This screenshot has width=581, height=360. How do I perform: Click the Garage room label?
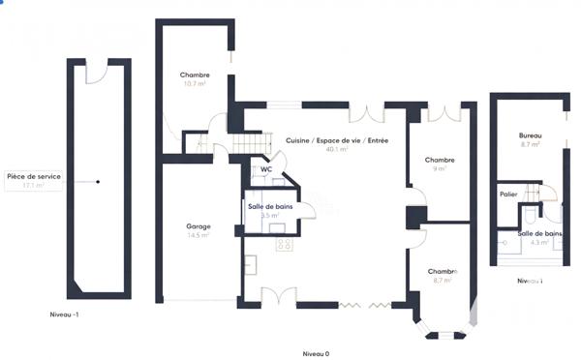pos(199,227)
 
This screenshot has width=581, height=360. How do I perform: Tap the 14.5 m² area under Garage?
pos(199,236)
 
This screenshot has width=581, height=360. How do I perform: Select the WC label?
pos(265,169)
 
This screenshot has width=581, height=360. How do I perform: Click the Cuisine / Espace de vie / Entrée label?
pos(337,141)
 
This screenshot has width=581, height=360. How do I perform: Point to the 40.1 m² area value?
pos(337,150)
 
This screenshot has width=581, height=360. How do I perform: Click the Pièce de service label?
pos(34,177)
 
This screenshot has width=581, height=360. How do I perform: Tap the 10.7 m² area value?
pos(196,84)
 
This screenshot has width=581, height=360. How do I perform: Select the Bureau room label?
pos(530,135)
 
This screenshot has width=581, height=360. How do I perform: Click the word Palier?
pos(509,195)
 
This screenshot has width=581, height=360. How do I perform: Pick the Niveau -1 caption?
pos(66,315)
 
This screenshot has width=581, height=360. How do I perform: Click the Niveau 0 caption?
pos(316,353)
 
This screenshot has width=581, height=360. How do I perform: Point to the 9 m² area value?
pos(440,169)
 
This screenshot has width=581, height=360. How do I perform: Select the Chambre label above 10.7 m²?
pos(196,75)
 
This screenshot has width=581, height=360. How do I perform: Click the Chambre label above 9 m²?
pos(440,160)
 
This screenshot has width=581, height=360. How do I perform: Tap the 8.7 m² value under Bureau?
pos(530,144)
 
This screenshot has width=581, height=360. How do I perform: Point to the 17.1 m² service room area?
pos(34,187)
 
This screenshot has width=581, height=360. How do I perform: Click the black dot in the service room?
pos(97,181)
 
